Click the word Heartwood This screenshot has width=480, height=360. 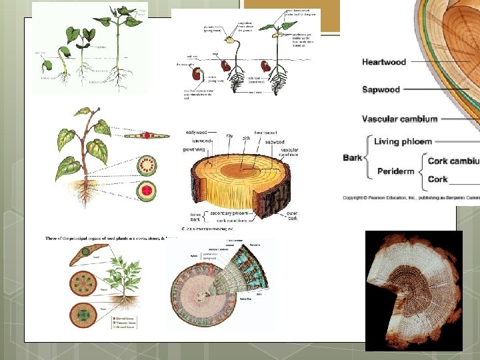(384, 62)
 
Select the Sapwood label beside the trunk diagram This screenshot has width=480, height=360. (381, 89)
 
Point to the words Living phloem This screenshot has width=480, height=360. (403, 142)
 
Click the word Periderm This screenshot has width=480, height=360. (395, 171)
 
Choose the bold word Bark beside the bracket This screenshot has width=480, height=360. (352, 158)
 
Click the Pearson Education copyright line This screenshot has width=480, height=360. (411, 198)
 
